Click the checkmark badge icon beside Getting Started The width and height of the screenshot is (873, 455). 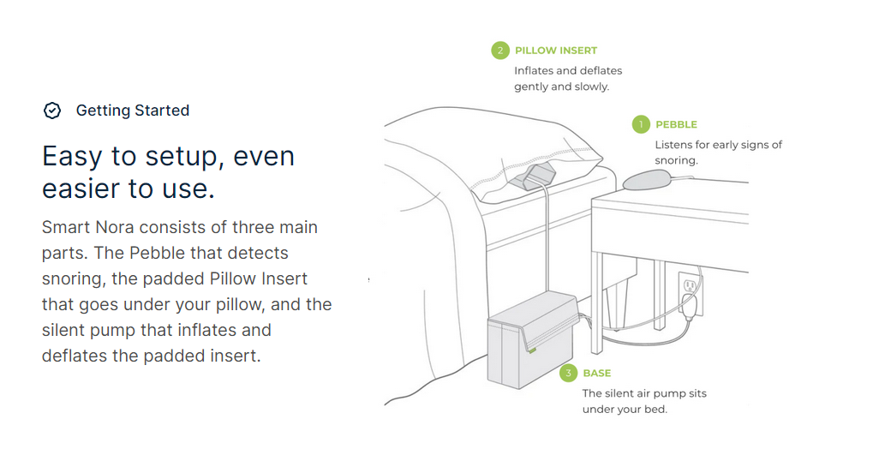pyautogui.click(x=52, y=111)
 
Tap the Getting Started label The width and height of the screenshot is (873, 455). pyautogui.click(x=133, y=111)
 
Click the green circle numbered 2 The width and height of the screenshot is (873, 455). pyautogui.click(x=499, y=51)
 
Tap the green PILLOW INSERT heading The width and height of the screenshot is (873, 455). pyautogui.click(x=556, y=51)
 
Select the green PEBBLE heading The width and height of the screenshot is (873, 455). pyautogui.click(x=676, y=125)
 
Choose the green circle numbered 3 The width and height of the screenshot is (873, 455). pyautogui.click(x=567, y=374)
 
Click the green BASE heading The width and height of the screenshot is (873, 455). pyautogui.click(x=597, y=374)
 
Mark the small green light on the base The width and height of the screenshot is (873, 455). pyautogui.click(x=533, y=350)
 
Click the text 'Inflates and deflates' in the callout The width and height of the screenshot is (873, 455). pyautogui.click(x=568, y=70)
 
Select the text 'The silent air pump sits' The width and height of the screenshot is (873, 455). pyautogui.click(x=644, y=393)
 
